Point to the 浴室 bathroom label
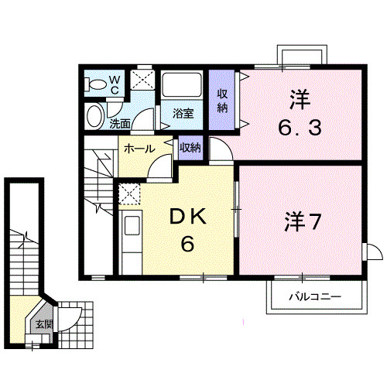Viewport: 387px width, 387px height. tap(183, 113)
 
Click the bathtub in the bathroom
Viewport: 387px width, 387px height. tap(182, 84)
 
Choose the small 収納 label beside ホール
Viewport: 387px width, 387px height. tap(190, 147)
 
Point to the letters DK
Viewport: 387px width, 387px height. tap(186, 219)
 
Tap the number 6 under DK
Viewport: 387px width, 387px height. tap(186, 245)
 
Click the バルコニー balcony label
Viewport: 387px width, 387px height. tap(315, 295)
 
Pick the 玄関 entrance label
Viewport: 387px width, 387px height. tap(41, 325)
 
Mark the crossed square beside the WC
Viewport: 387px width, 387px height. tap(141, 80)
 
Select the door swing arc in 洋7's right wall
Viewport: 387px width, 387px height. tap(372, 252)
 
